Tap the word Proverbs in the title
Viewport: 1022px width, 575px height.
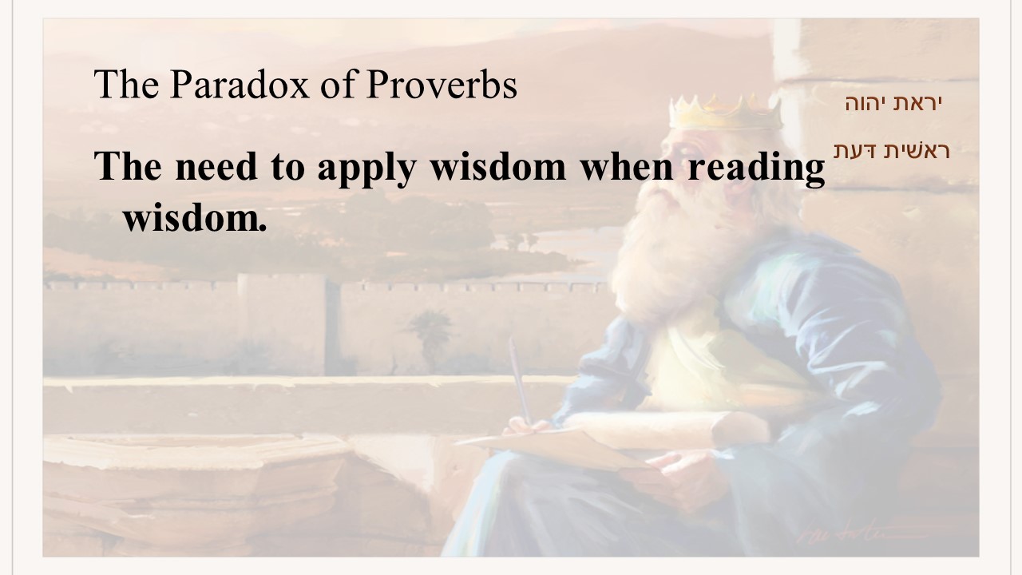pyautogui.click(x=442, y=84)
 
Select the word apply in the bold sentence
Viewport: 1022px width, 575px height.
pyautogui.click(x=366, y=169)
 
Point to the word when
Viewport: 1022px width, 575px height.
pyautogui.click(x=627, y=166)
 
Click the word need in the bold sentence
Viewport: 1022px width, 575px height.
pyautogui.click(x=216, y=166)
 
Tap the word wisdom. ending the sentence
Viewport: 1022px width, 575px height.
pyautogui.click(x=194, y=218)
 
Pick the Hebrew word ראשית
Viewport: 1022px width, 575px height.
pyautogui.click(x=917, y=151)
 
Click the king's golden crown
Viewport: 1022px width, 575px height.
pyautogui.click(x=726, y=113)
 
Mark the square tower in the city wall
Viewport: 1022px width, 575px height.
pyautogui.click(x=282, y=324)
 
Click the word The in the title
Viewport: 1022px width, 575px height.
pyautogui.click(x=126, y=84)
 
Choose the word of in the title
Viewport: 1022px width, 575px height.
pyautogui.click(x=338, y=84)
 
